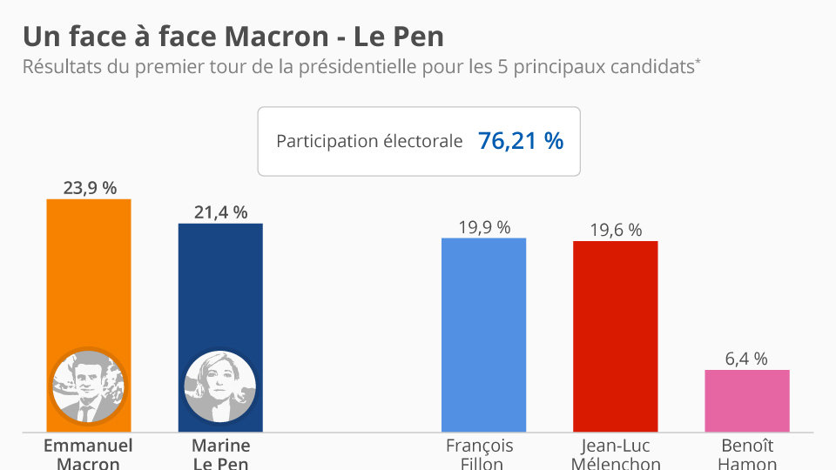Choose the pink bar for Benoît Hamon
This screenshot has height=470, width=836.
coord(747,400)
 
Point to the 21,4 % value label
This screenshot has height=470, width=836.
coord(220,211)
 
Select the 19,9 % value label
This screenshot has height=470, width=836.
coord(483,226)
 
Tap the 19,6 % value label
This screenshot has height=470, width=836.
coord(615,230)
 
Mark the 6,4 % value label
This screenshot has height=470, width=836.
coord(747,359)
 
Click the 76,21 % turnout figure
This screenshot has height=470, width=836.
coord(521,141)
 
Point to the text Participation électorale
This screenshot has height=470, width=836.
coord(369,141)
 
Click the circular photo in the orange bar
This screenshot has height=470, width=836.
coord(88,386)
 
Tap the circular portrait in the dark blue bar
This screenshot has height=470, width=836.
coord(220,386)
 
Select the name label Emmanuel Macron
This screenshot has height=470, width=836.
coord(88,454)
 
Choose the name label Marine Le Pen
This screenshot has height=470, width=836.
coord(220,454)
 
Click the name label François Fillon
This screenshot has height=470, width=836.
coord(480,454)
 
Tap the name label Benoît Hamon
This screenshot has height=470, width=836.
coord(747,454)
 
